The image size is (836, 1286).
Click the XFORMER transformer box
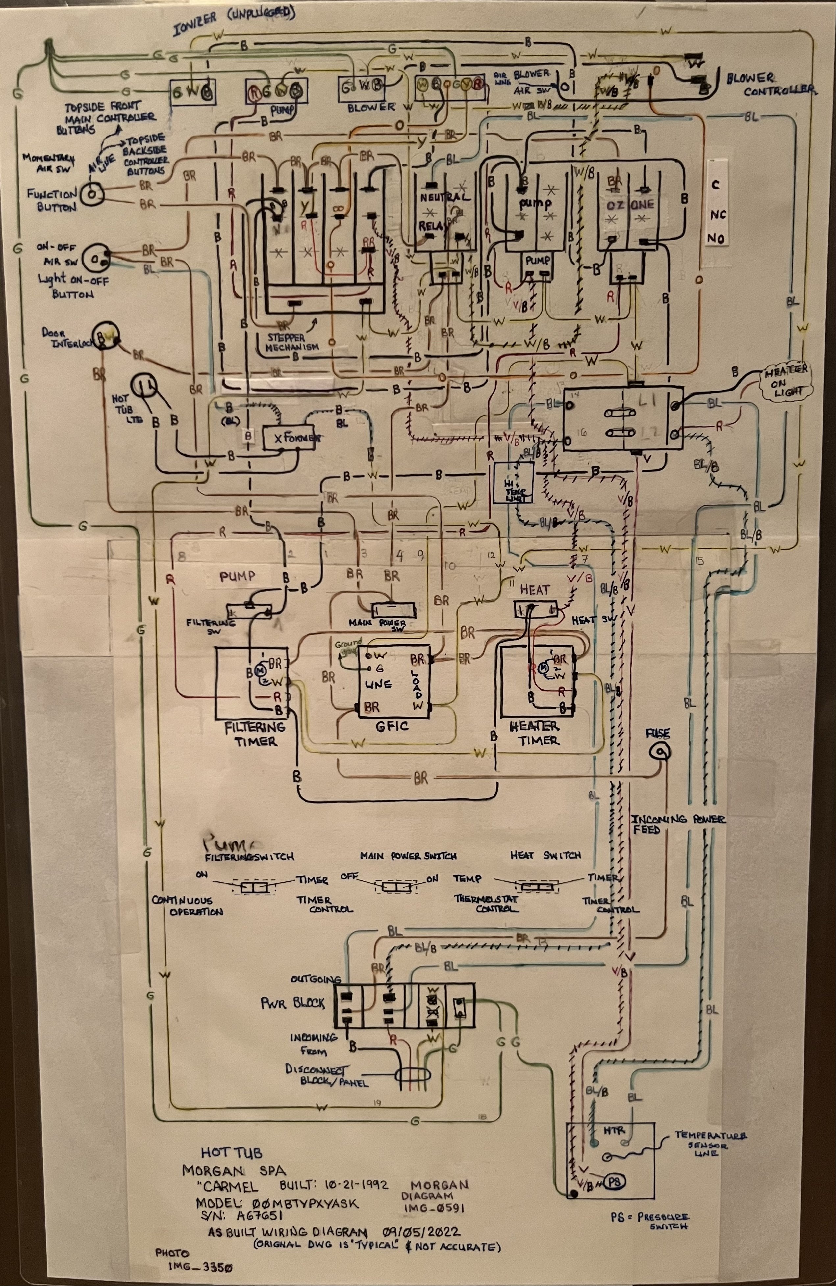tap(289, 438)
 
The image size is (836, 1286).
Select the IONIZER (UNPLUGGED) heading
tap(234, 20)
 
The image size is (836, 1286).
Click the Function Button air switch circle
tap(92, 194)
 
